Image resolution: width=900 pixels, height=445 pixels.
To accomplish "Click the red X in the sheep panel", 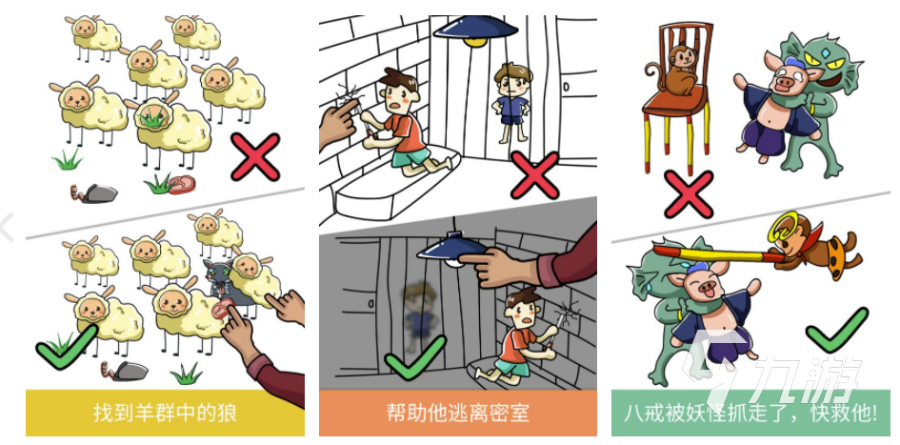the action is (255, 157).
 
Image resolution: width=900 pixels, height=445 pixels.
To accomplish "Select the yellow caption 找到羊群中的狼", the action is (165, 414).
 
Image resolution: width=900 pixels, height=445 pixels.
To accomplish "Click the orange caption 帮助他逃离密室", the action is (457, 414).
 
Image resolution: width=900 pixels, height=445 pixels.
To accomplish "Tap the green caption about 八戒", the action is (750, 414).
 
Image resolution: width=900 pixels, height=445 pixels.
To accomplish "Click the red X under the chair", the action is (689, 193).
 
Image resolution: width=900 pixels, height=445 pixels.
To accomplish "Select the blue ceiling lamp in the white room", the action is (476, 30).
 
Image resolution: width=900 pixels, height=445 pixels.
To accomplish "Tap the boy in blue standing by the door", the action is (510, 102).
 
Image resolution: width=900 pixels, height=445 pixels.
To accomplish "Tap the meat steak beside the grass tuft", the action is (181, 184).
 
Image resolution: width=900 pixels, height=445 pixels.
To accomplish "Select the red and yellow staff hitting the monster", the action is (718, 253).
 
